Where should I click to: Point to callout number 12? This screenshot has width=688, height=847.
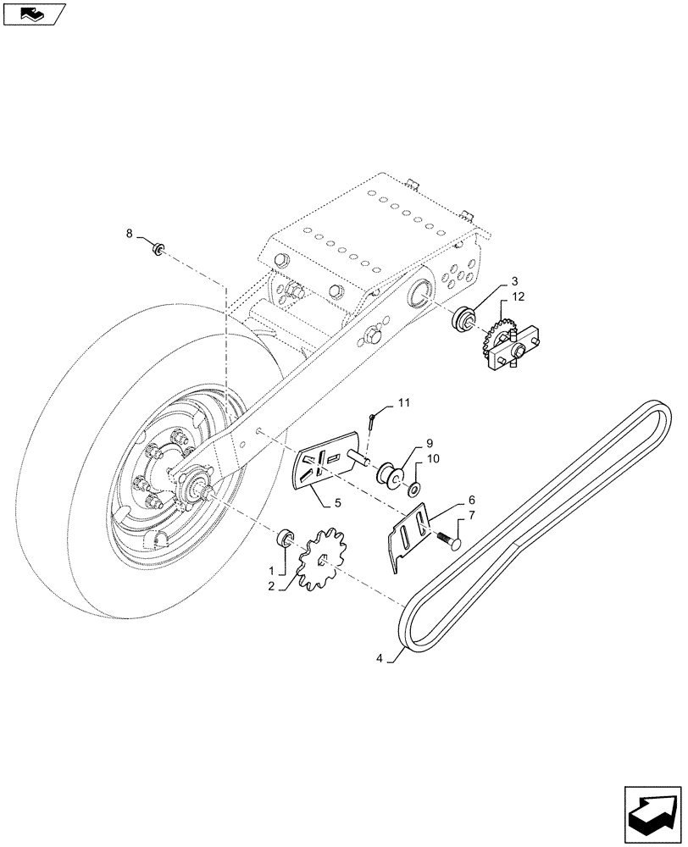pyautogui.click(x=518, y=296)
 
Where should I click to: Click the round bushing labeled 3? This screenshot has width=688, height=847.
pyautogui.click(x=464, y=321)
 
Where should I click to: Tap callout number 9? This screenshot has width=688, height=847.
pyautogui.click(x=430, y=443)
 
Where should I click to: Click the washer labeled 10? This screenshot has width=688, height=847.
pyautogui.click(x=413, y=489)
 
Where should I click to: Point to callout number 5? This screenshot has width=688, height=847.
pyautogui.click(x=337, y=502)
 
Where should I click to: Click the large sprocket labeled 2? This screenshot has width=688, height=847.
pyautogui.click(x=325, y=559)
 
